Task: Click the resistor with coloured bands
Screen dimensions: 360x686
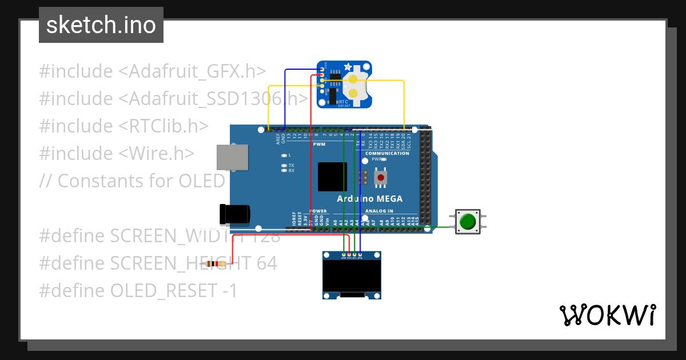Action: click(x=216, y=264)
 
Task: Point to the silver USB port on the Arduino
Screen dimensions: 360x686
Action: click(x=232, y=157)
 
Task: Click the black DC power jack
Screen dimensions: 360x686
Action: click(x=235, y=214)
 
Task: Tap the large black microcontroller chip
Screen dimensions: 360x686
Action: click(x=333, y=177)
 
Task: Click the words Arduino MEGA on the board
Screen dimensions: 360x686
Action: click(x=369, y=199)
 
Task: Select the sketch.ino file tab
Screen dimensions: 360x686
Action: click(x=101, y=25)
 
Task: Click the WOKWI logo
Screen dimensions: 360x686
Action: click(x=607, y=315)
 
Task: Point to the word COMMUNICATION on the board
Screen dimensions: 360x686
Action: click(x=387, y=154)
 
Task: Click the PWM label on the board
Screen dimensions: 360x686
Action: click(x=319, y=145)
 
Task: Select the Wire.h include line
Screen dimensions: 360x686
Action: click(x=117, y=153)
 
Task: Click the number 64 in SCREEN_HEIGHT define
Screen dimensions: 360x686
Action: click(x=266, y=263)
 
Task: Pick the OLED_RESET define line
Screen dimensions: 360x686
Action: click(x=138, y=291)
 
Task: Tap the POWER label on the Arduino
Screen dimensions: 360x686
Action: click(x=318, y=211)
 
